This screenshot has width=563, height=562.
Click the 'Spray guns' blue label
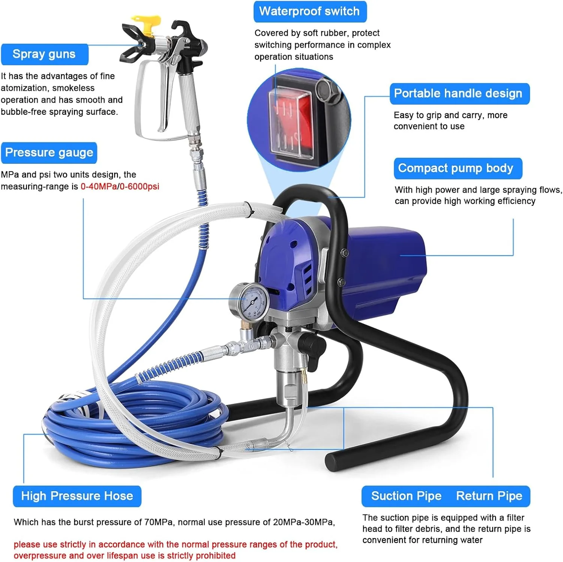[x=45, y=54]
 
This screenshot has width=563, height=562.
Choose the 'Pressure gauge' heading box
[x=49, y=153]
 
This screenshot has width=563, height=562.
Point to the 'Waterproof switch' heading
[x=310, y=11]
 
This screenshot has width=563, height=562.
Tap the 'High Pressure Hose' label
[x=77, y=496]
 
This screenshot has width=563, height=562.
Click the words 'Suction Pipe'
[x=406, y=496]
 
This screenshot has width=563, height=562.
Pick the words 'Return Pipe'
[x=489, y=496]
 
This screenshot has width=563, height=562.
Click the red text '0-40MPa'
[x=99, y=186]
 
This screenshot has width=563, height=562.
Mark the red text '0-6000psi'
[x=140, y=186]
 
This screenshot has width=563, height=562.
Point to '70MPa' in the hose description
[x=158, y=522]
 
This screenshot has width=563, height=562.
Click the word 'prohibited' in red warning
[x=215, y=556]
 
